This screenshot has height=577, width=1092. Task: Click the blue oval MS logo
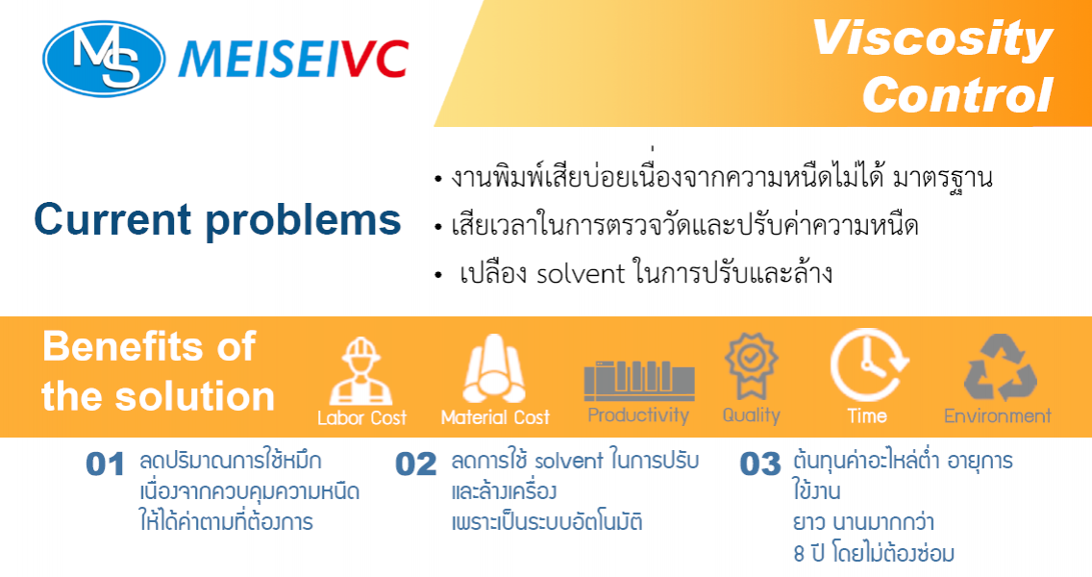click(x=105, y=59)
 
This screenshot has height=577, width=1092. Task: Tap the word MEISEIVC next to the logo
click(x=293, y=60)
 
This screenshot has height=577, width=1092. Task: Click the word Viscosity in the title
click(x=931, y=39)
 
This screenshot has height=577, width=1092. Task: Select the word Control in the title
click(x=957, y=94)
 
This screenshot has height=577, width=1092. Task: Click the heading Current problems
click(x=217, y=219)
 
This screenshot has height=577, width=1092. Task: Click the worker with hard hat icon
click(x=360, y=370)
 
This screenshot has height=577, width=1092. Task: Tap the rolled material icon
click(x=494, y=368)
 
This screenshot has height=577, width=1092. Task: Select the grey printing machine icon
click(x=638, y=381)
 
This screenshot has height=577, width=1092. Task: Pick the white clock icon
click(x=868, y=364)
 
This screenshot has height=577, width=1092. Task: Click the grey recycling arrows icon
click(x=1000, y=367)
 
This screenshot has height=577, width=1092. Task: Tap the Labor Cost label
click(x=361, y=418)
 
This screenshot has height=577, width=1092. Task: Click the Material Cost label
click(x=495, y=417)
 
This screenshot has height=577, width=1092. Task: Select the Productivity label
click(x=638, y=415)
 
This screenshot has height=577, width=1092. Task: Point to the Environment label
click(x=997, y=416)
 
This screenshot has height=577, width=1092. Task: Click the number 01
click(x=105, y=464)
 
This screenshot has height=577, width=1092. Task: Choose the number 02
click(x=416, y=464)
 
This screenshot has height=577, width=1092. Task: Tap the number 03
click(x=759, y=464)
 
